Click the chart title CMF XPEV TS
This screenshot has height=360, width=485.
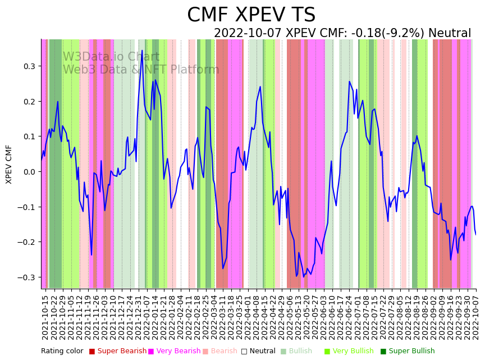(251, 15)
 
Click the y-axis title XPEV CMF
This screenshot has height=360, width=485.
(9, 164)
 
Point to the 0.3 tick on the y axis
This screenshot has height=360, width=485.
(29, 66)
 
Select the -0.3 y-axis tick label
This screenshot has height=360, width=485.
(27, 277)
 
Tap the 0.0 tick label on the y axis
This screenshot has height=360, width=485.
(29, 172)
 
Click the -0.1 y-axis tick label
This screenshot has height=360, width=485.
(27, 207)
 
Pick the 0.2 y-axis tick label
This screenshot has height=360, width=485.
(29, 102)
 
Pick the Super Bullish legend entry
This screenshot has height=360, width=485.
(412, 351)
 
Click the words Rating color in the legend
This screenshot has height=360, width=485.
(62, 351)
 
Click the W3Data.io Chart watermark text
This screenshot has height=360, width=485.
(111, 57)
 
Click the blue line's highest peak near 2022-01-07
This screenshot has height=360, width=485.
(142, 51)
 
